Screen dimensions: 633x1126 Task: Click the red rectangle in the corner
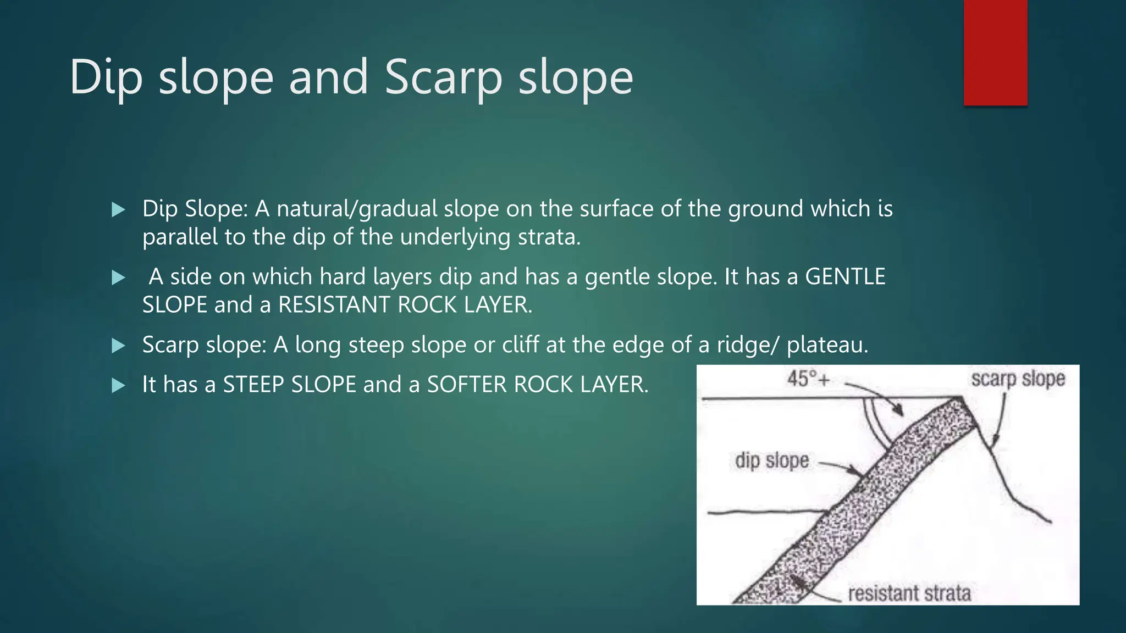[x=995, y=52]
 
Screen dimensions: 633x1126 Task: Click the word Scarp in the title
[x=443, y=77]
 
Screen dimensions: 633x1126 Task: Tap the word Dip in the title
[x=106, y=77]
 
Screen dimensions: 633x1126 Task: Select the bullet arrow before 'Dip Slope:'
[x=118, y=209]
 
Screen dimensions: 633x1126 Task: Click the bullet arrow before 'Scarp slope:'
[x=118, y=346]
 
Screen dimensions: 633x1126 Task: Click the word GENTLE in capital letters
[x=845, y=276]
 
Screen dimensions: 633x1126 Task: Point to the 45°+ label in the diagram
[x=808, y=379]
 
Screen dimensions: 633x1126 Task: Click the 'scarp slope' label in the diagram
[x=1018, y=379]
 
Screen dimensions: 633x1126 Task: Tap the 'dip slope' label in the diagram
[x=772, y=460]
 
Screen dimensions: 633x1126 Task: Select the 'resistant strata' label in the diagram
[x=909, y=593]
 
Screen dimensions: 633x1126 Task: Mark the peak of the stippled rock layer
[x=961, y=399]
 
